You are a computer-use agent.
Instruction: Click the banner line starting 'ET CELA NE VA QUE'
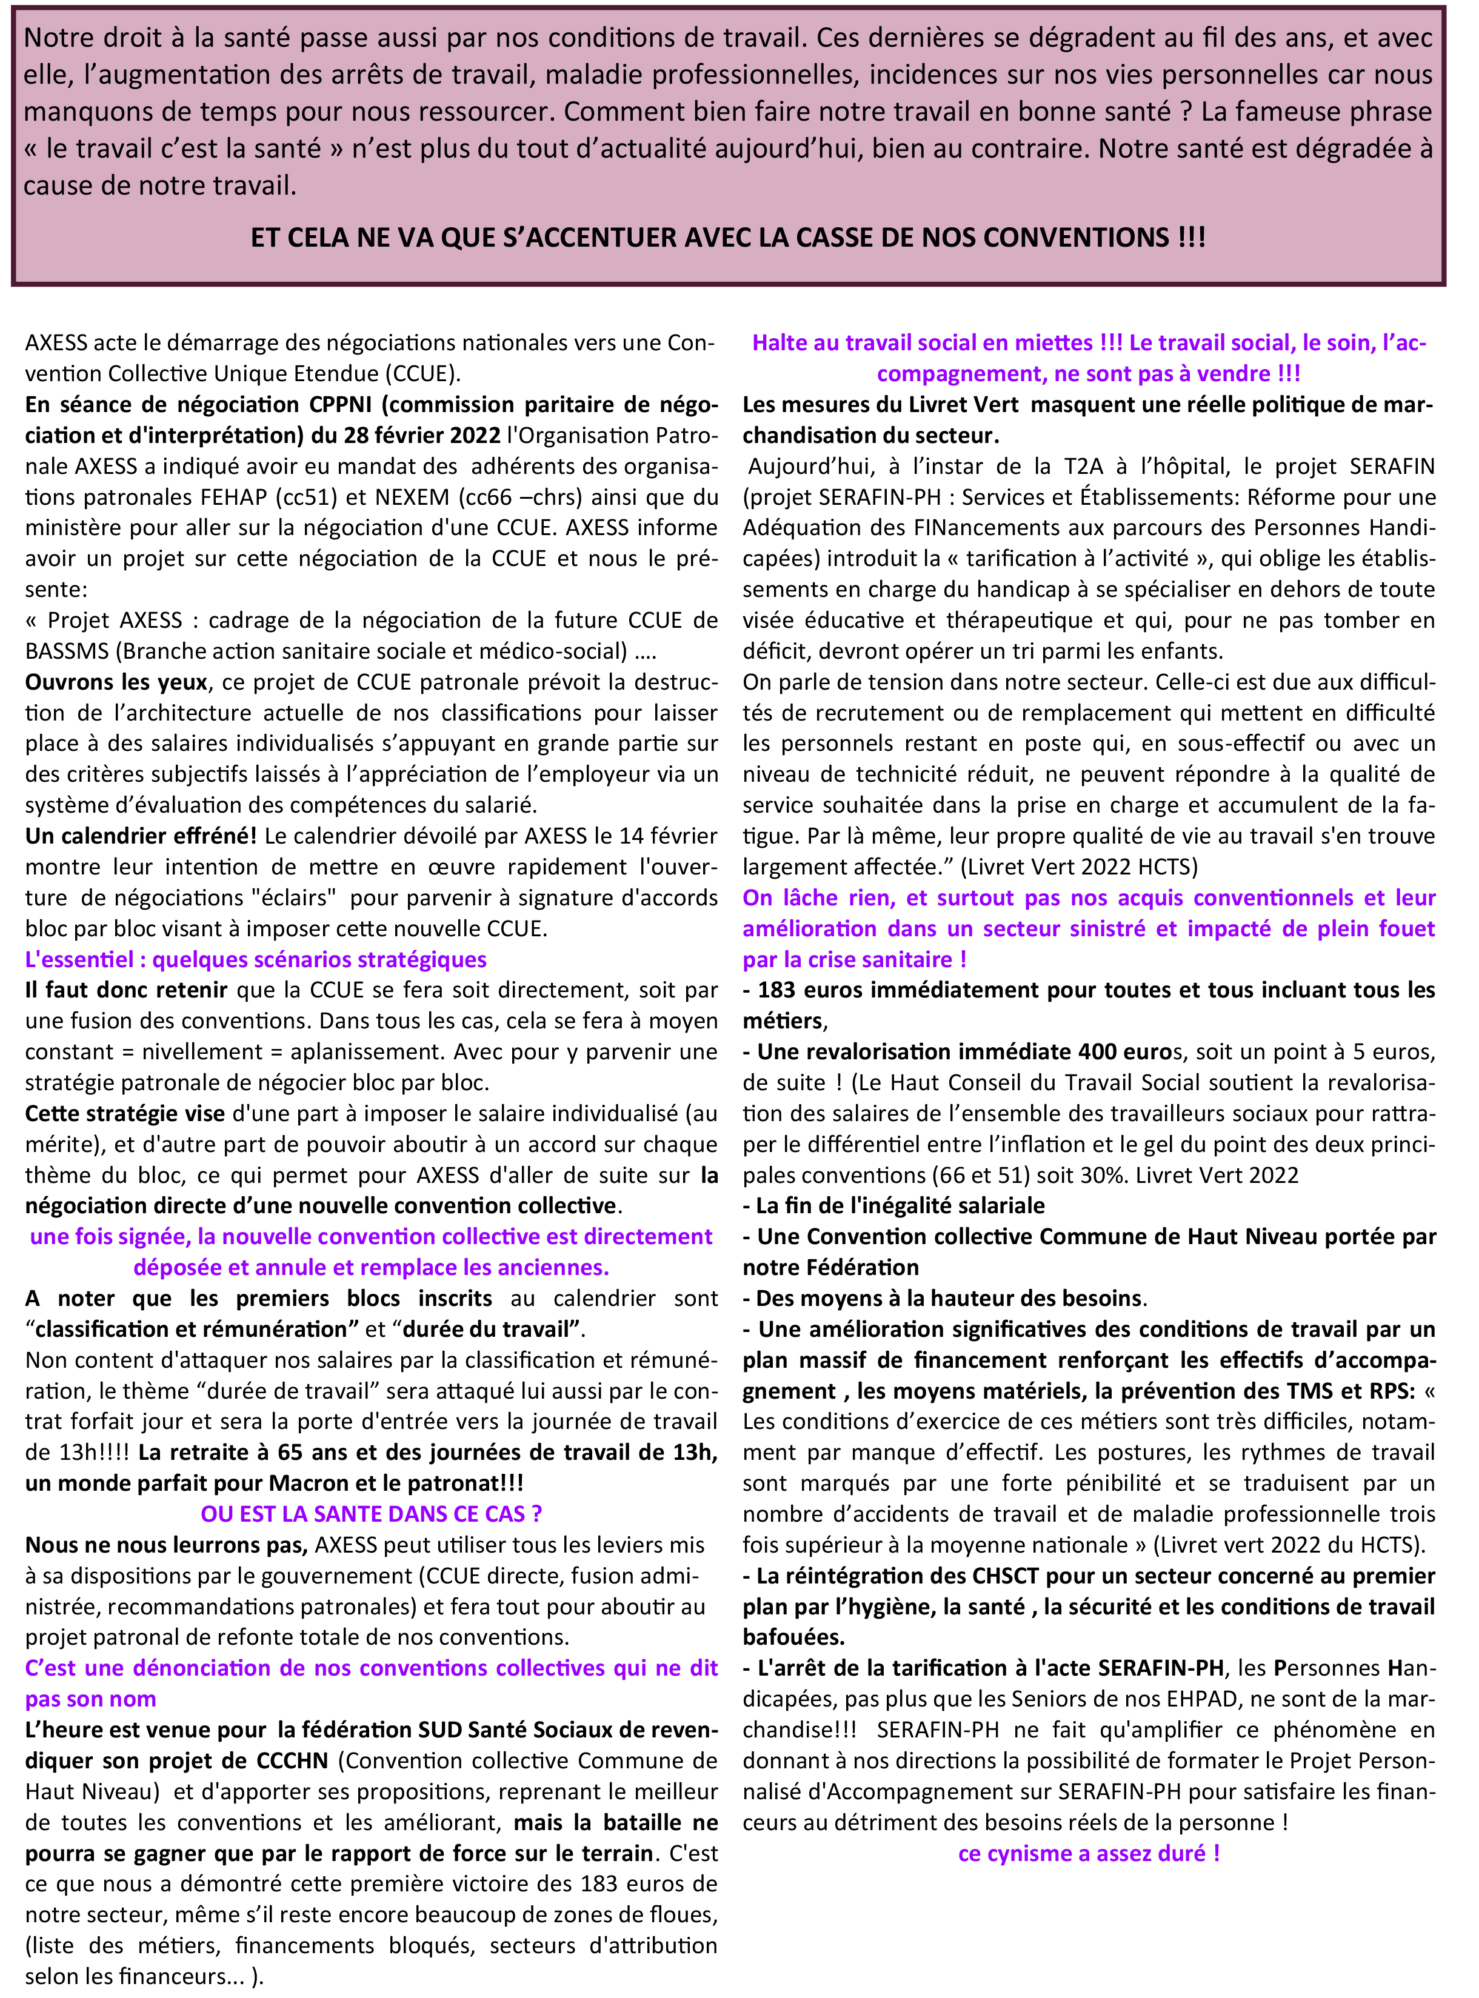[x=728, y=237]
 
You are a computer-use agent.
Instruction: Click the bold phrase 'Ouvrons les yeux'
[x=116, y=682]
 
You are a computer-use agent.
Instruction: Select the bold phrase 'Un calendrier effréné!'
[x=141, y=836]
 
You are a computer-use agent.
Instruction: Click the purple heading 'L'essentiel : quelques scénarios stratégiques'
[x=256, y=960]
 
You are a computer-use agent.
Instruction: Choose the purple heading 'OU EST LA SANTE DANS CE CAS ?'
[x=372, y=1514]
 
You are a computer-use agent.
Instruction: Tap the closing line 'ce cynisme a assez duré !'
[x=1089, y=1854]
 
